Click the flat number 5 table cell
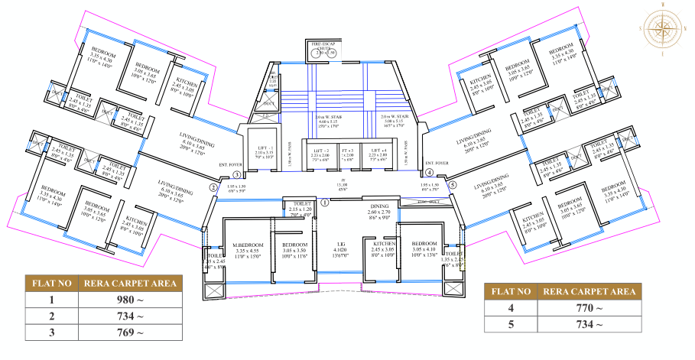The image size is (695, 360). (512, 325)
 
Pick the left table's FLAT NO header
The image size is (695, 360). (51, 283)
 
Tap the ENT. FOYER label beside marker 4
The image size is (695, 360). (437, 164)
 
